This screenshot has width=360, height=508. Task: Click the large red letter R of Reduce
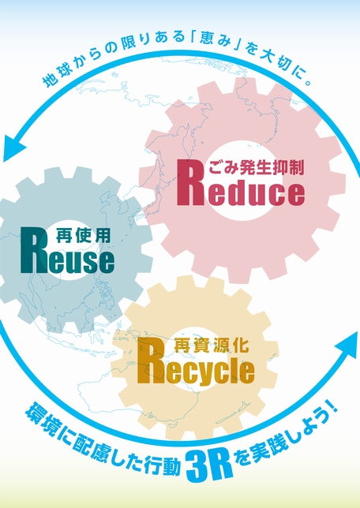click(x=190, y=183)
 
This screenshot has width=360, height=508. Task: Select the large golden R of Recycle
click(x=150, y=360)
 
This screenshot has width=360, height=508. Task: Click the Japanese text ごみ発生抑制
click(x=256, y=167)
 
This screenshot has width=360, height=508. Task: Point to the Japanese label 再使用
click(x=84, y=235)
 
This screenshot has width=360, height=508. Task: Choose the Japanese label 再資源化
click(x=212, y=345)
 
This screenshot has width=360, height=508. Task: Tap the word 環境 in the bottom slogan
click(x=41, y=417)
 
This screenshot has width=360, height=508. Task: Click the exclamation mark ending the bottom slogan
click(x=332, y=409)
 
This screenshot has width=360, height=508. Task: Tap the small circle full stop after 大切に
click(x=309, y=82)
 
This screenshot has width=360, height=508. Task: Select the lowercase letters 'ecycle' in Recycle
click(x=209, y=372)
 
